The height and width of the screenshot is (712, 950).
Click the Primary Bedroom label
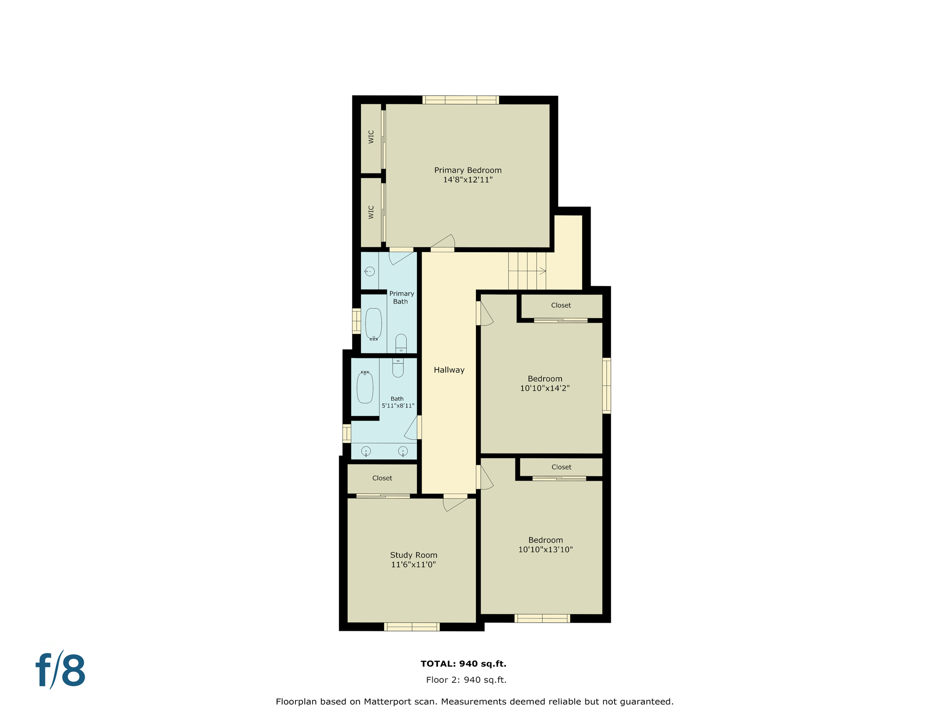[x=468, y=170]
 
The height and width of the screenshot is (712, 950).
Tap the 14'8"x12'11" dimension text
[x=468, y=180]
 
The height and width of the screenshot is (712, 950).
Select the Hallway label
[x=449, y=370]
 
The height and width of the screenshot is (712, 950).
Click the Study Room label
[x=413, y=555]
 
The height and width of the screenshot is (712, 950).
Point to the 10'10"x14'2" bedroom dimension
[x=545, y=388]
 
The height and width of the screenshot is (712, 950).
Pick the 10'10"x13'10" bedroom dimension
[x=545, y=550]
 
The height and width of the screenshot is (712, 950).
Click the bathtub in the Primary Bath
[x=373, y=324]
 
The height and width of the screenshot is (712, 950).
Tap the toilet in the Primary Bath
[x=401, y=343]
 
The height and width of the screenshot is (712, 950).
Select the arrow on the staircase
[x=542, y=271]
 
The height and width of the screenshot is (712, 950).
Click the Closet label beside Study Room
[x=382, y=478]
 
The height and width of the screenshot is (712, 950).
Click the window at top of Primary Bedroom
[x=461, y=100]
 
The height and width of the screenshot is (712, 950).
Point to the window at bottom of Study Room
[x=411, y=627]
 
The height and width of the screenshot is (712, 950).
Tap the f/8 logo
[x=61, y=670]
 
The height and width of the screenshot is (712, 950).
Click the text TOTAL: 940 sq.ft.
[x=463, y=664]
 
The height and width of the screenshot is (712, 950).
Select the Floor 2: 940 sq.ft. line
[x=466, y=680]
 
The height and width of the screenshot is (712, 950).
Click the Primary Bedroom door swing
[x=444, y=242]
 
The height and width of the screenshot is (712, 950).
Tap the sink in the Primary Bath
[x=369, y=271]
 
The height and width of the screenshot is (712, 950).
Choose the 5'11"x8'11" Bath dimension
[x=398, y=406]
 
